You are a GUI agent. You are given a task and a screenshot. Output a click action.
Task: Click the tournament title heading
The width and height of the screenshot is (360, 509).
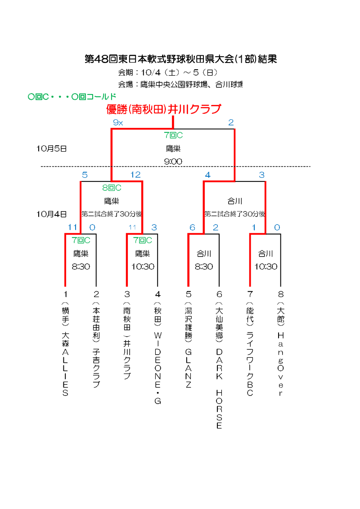point(180,59)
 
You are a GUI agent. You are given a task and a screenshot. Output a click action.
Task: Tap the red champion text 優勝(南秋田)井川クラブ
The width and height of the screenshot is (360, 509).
point(164,109)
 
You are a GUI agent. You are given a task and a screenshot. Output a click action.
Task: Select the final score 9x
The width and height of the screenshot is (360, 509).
point(118,122)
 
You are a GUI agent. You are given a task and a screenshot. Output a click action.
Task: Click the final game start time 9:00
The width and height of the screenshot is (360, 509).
point(173,162)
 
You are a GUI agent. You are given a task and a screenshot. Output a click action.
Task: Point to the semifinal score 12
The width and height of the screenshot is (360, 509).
point(135,175)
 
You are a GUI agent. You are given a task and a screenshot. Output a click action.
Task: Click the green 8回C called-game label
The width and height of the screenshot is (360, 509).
point(112,188)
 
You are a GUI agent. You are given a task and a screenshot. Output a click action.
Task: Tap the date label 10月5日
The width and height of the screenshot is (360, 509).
point(52,148)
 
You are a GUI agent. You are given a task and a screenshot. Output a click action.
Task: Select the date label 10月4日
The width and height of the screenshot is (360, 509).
point(52,214)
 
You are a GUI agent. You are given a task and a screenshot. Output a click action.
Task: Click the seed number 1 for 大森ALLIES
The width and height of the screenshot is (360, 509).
point(65,294)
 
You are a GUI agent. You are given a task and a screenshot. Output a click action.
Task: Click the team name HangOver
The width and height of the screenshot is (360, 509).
point(281,365)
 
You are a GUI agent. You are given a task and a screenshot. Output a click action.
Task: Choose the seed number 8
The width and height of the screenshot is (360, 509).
point(281,294)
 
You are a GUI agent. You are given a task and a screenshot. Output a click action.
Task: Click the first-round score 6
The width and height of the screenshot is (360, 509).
point(192,228)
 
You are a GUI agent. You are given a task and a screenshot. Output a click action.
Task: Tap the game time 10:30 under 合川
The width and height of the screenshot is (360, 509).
point(266,266)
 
